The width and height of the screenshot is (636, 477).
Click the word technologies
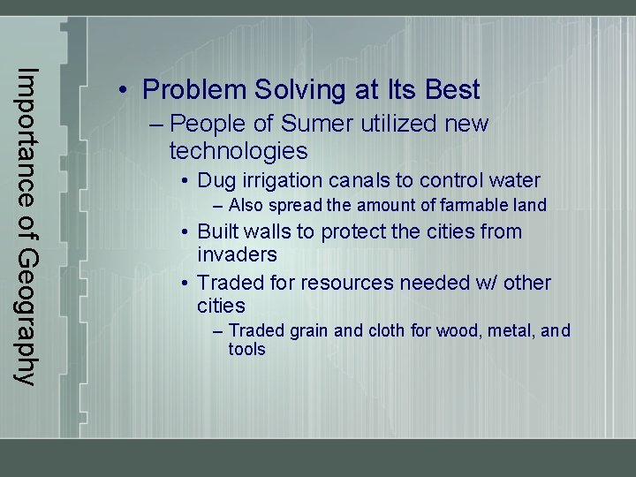238,151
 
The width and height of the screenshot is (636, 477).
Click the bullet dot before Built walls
186,232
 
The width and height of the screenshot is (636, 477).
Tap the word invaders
237,255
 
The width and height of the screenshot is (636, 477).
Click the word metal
509,331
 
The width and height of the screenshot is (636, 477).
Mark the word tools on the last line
246,350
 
